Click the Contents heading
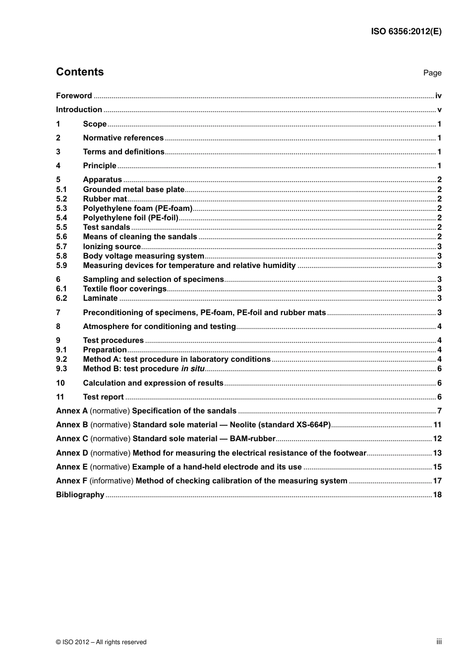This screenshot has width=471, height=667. (80, 72)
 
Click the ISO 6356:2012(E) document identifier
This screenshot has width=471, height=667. (406, 31)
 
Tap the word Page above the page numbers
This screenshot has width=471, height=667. (432, 73)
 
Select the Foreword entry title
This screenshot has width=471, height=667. (74, 96)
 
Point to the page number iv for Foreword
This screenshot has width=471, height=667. (438, 96)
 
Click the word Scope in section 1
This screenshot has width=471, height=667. (95, 124)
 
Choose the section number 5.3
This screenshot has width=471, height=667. (61, 208)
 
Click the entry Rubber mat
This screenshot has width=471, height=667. (105, 199)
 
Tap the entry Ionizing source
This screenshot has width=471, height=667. (112, 247)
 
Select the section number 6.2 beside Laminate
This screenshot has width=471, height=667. (61, 298)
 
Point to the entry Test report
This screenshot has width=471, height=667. (103, 397)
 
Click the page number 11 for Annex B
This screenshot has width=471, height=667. (437, 425)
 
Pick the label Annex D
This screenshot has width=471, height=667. (72, 453)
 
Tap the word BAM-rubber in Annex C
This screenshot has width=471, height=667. (252, 439)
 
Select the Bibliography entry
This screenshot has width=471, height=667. (80, 495)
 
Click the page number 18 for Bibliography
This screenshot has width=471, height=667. (437, 495)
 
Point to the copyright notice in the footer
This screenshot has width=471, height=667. (101, 642)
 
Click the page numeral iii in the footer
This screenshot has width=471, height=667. (439, 642)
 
